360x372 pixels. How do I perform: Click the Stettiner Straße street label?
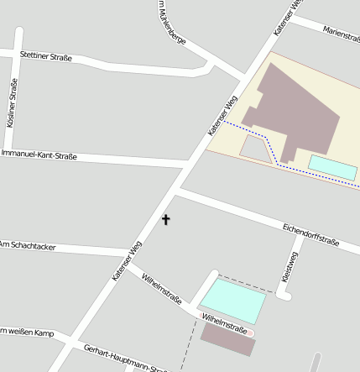point(46,57)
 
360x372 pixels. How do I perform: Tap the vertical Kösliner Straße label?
point(12,102)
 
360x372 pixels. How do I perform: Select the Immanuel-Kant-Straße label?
point(39,155)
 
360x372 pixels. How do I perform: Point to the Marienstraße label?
point(341,34)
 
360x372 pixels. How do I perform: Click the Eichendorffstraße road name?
point(310,235)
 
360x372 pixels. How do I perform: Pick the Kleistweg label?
point(287,267)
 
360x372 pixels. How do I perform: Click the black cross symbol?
point(165,220)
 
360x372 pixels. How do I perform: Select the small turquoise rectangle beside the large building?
point(332,167)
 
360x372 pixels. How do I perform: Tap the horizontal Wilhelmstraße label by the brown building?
point(225,323)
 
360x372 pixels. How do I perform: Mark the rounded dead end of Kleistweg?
point(284,295)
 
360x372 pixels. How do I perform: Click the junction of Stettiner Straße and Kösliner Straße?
point(18,54)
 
